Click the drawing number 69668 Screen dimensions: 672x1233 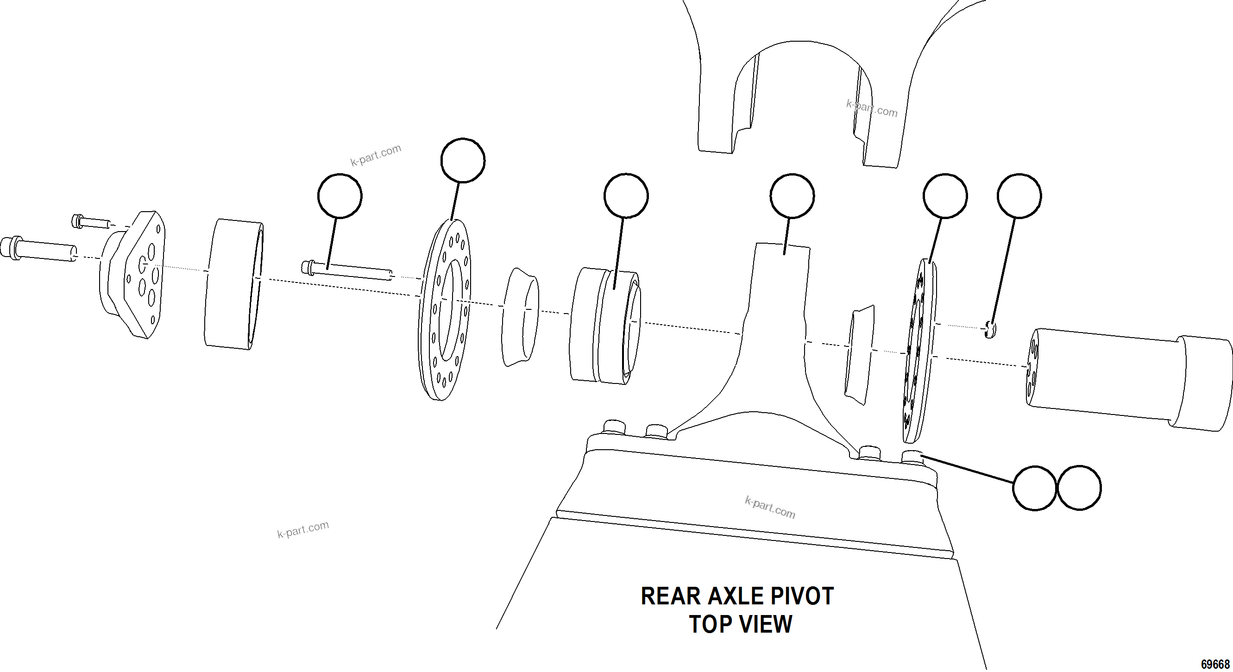coord(1215,664)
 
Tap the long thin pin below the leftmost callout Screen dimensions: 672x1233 coord(347,270)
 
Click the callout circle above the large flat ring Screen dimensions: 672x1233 coord(462,160)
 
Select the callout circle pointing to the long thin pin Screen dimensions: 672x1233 coord(340,195)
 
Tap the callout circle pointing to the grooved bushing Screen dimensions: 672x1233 coord(626,195)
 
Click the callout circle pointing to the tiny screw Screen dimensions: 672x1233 coord(1019,195)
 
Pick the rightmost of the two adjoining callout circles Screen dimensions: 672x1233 coord(1078,488)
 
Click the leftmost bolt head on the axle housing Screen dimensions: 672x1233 coord(614,427)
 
